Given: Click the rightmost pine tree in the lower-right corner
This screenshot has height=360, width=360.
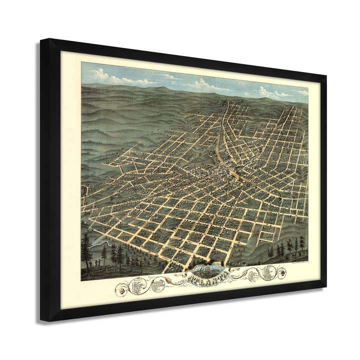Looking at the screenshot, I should tap(302, 243).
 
